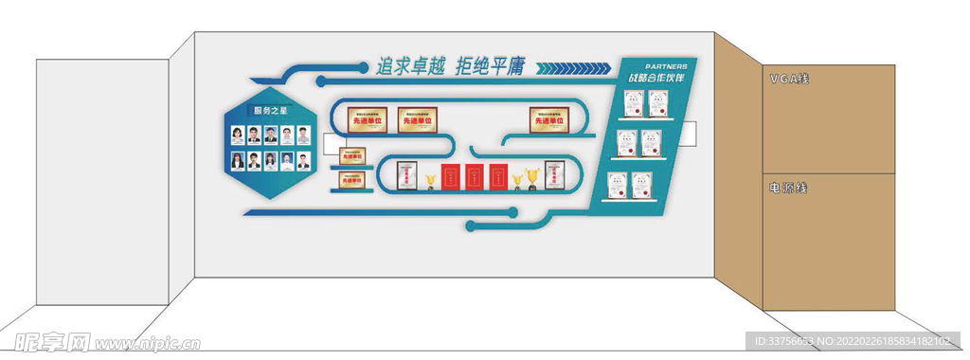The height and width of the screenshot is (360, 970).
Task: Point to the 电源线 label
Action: pyautogui.click(x=788, y=189)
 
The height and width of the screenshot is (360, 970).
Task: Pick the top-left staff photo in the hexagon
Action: pyautogui.click(x=238, y=135)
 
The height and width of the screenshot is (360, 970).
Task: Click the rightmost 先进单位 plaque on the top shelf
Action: pyautogui.click(x=551, y=120)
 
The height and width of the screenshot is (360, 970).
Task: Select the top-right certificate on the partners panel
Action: pyautogui.click(x=658, y=105)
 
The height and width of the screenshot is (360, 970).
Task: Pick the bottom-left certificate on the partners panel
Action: pyautogui.click(x=617, y=184)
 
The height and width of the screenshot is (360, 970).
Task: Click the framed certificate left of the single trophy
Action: pyautogui.click(x=407, y=176)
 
